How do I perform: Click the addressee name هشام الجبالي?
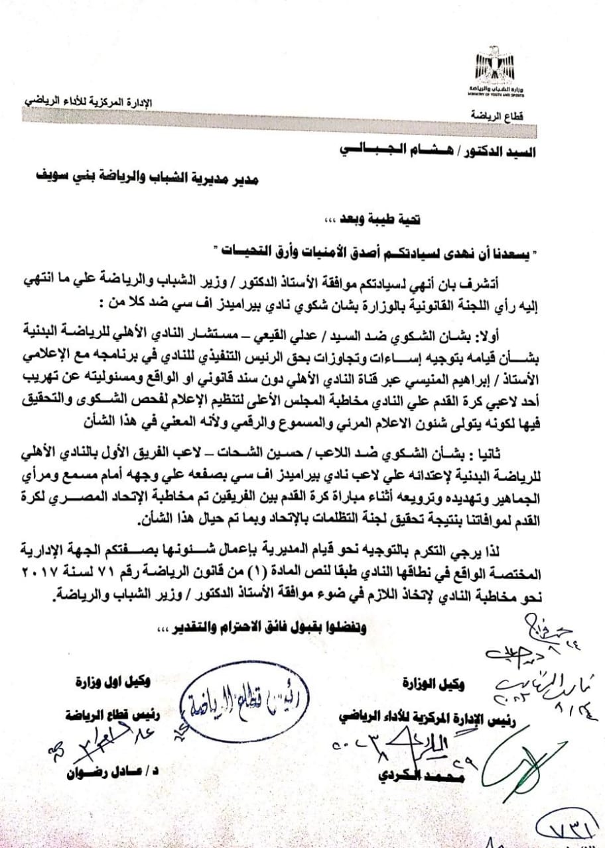(x=397, y=150)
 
